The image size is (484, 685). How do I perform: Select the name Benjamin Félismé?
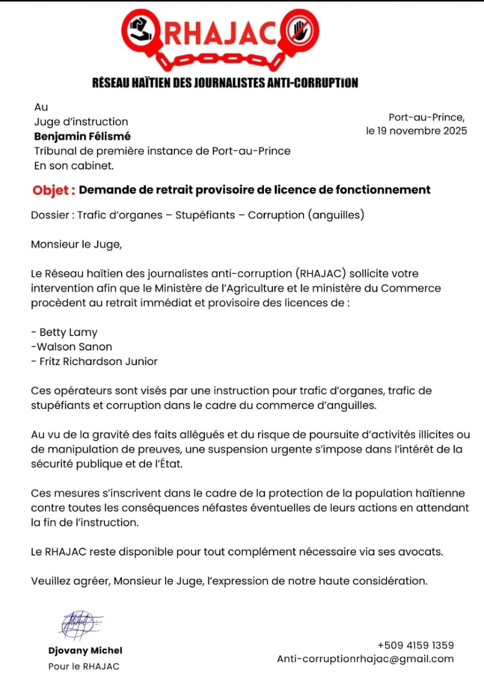coord(82,136)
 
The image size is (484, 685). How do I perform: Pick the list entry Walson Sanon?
coord(71,347)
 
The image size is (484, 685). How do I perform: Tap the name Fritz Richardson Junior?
coord(99,361)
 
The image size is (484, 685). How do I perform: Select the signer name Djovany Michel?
coord(85,651)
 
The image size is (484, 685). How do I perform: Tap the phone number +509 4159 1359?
coord(415,645)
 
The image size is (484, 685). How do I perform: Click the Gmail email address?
coord(365,659)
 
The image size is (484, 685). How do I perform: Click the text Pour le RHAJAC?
coord(84,666)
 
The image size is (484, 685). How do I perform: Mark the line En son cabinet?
coord(74,166)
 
